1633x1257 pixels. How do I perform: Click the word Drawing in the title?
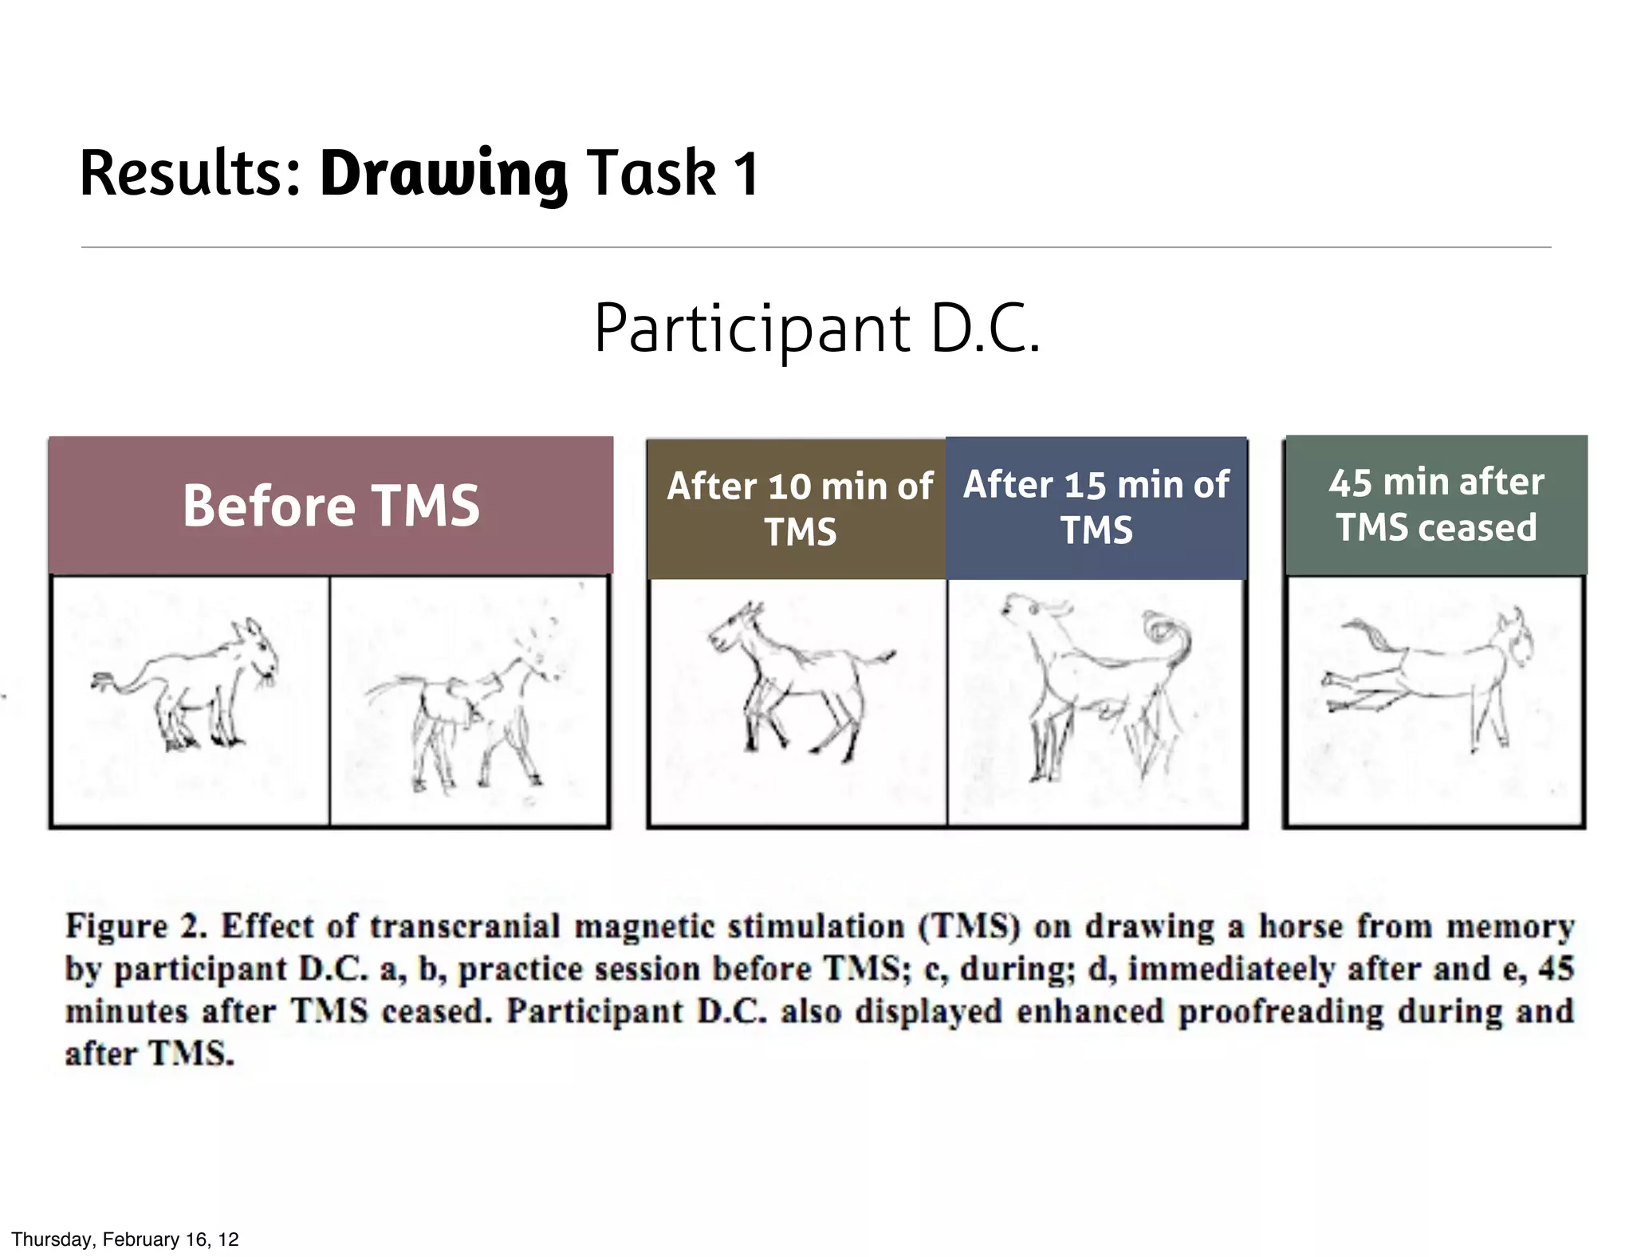pos(443,174)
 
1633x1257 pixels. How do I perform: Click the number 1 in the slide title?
pos(746,174)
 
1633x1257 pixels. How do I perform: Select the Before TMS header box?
pos(330,506)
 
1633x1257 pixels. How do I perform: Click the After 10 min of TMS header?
pos(799,509)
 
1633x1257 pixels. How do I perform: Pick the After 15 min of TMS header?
pos(1096,507)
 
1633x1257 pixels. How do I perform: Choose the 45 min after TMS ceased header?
pos(1436,504)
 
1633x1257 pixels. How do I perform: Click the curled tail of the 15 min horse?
pos(1168,638)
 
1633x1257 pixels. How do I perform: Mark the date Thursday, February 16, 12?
pos(125,1239)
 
